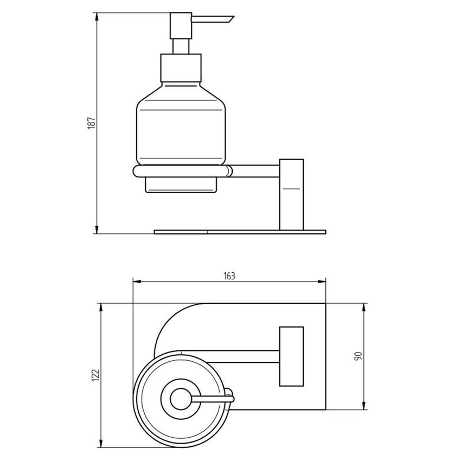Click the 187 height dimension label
(x=92, y=123)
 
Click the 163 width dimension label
(x=229, y=276)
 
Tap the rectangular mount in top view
(x=291, y=356)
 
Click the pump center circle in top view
(x=178, y=400)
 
